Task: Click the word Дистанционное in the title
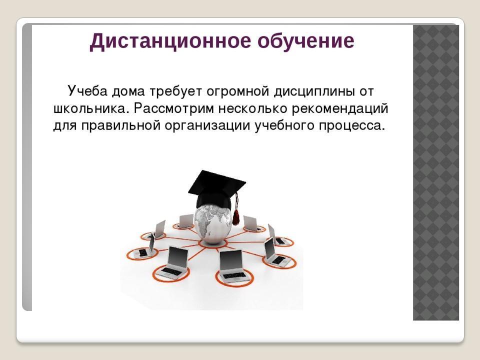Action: [170, 41]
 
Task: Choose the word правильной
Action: [121, 126]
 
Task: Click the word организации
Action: [207, 126]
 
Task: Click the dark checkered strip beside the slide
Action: [435, 172]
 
